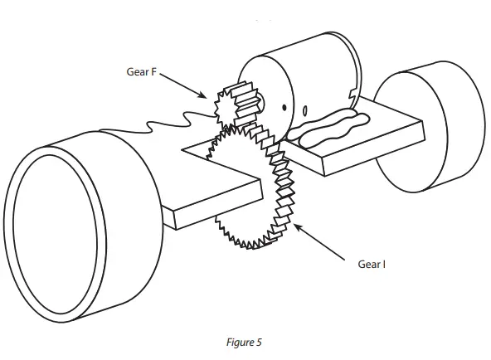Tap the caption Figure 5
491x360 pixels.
(242, 342)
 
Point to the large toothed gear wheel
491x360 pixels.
(249, 191)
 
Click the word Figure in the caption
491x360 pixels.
(237, 342)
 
